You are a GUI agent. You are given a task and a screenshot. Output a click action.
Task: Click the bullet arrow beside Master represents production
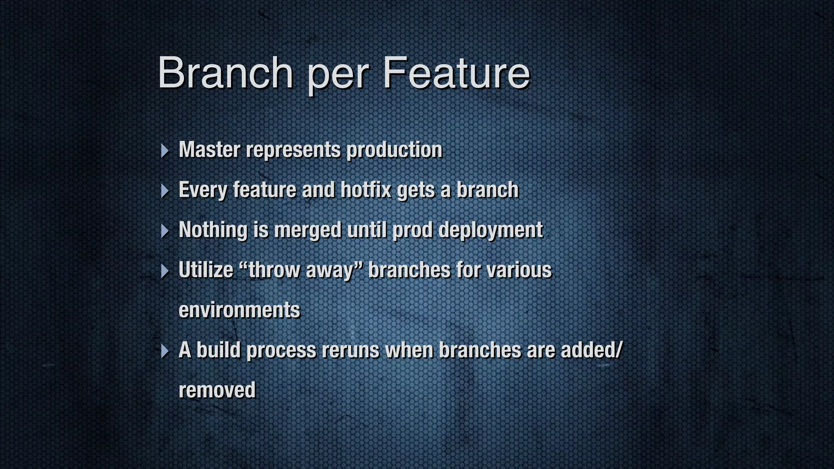tap(165, 151)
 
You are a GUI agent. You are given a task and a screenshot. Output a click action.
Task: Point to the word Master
tap(209, 149)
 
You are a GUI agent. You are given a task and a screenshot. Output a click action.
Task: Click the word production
tap(394, 149)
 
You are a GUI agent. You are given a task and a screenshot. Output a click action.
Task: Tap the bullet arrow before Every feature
tap(165, 191)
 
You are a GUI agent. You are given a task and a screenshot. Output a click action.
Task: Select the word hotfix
tap(366, 190)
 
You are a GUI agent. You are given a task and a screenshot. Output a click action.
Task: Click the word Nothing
tap(213, 230)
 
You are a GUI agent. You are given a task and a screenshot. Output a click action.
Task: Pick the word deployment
tap(491, 230)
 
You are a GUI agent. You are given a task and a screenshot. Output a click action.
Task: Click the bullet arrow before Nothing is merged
tap(165, 231)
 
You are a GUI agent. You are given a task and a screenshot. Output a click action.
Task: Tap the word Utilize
tap(206, 270)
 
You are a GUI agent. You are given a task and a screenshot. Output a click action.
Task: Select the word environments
tap(239, 310)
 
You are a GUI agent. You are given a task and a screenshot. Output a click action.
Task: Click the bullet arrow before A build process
tap(165, 351)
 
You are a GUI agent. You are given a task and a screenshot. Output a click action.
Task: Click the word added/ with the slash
tap(592, 350)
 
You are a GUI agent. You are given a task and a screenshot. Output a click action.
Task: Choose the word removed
tap(217, 390)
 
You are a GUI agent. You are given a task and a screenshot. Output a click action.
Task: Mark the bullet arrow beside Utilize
tap(165, 271)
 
